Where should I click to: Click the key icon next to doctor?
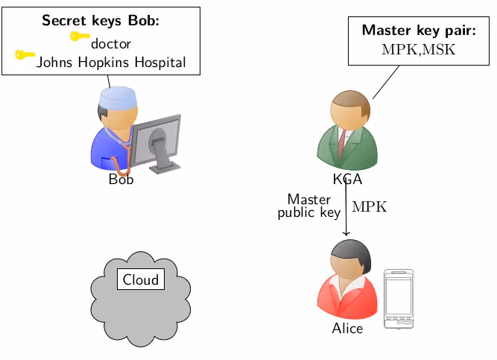80,36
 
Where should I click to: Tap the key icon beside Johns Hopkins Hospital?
25,54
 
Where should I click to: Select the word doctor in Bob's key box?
111,44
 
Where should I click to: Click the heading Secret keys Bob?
101,22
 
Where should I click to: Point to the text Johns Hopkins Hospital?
111,62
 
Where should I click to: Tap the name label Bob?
121,180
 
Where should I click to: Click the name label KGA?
347,180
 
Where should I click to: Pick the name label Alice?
347,328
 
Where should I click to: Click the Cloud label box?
141,280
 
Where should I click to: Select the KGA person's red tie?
342,141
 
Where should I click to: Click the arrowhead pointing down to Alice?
346,233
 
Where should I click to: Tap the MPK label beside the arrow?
370,207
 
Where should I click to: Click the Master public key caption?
309,206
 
